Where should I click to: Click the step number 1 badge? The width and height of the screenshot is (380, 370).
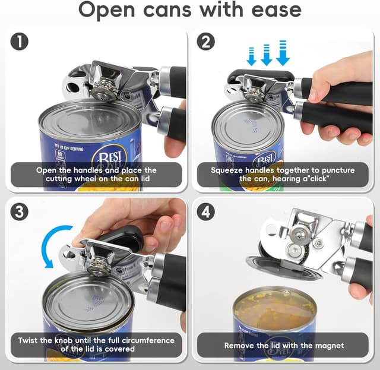(x=20, y=43)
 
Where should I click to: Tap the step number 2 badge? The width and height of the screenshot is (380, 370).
(x=206, y=43)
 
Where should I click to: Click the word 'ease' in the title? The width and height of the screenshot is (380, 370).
(x=271, y=10)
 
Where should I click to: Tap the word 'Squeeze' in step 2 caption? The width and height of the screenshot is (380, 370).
(x=229, y=170)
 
